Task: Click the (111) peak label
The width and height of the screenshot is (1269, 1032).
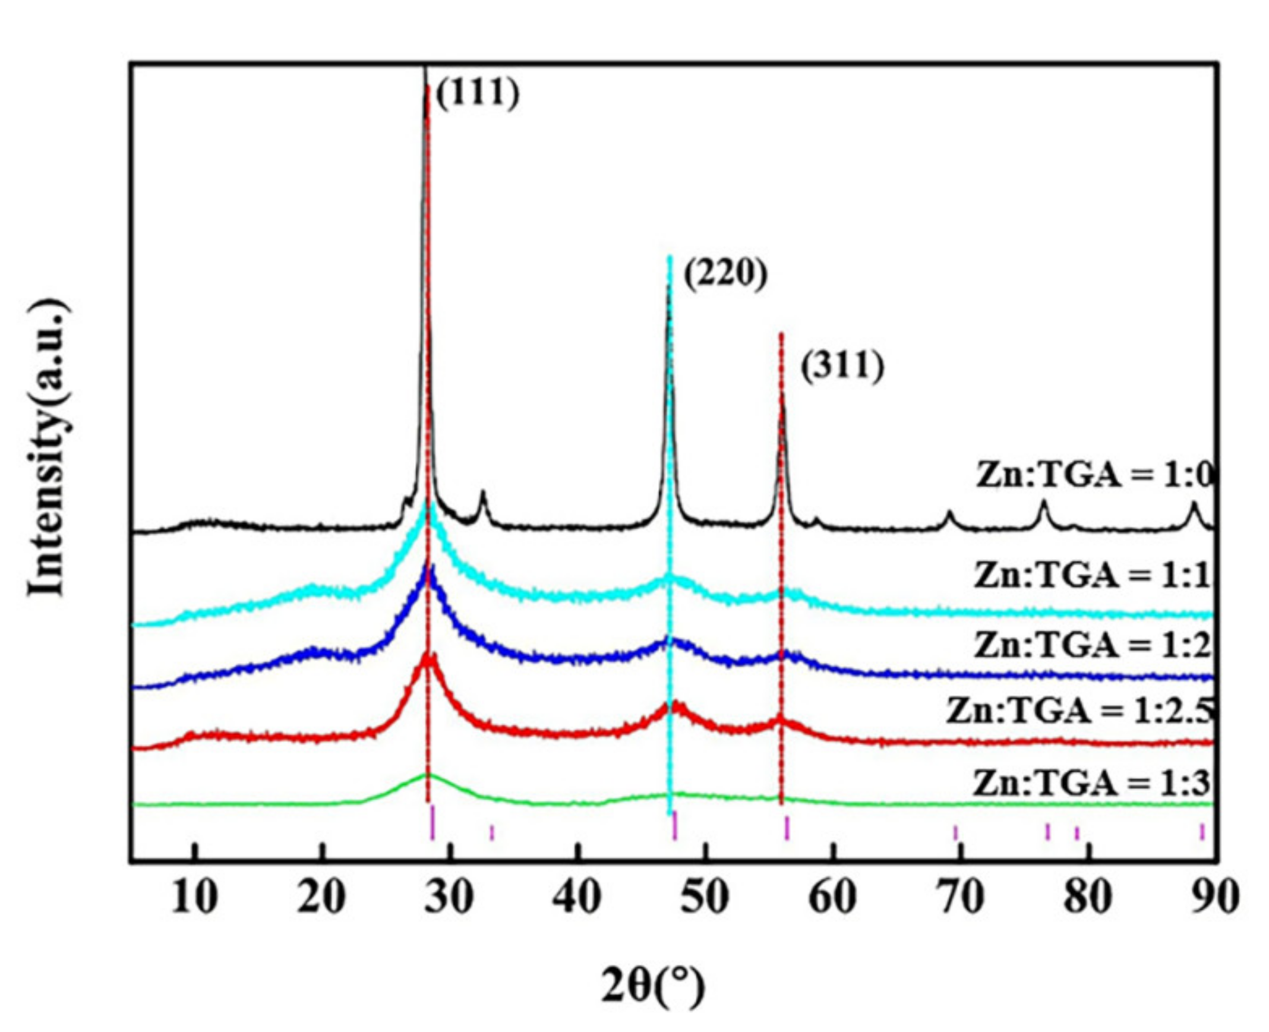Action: click(477, 94)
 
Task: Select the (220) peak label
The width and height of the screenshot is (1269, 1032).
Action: click(726, 274)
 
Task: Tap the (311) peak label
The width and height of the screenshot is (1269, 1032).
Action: click(842, 366)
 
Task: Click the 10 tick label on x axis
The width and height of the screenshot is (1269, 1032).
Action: click(194, 898)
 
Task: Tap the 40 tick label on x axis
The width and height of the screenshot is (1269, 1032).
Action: click(576, 898)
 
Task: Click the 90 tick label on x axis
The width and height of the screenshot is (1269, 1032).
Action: click(1215, 898)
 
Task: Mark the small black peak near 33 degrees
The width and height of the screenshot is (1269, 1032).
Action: click(482, 493)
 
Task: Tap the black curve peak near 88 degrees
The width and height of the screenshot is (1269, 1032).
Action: click(1193, 504)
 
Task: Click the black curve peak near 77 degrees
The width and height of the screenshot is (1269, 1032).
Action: click(1043, 503)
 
